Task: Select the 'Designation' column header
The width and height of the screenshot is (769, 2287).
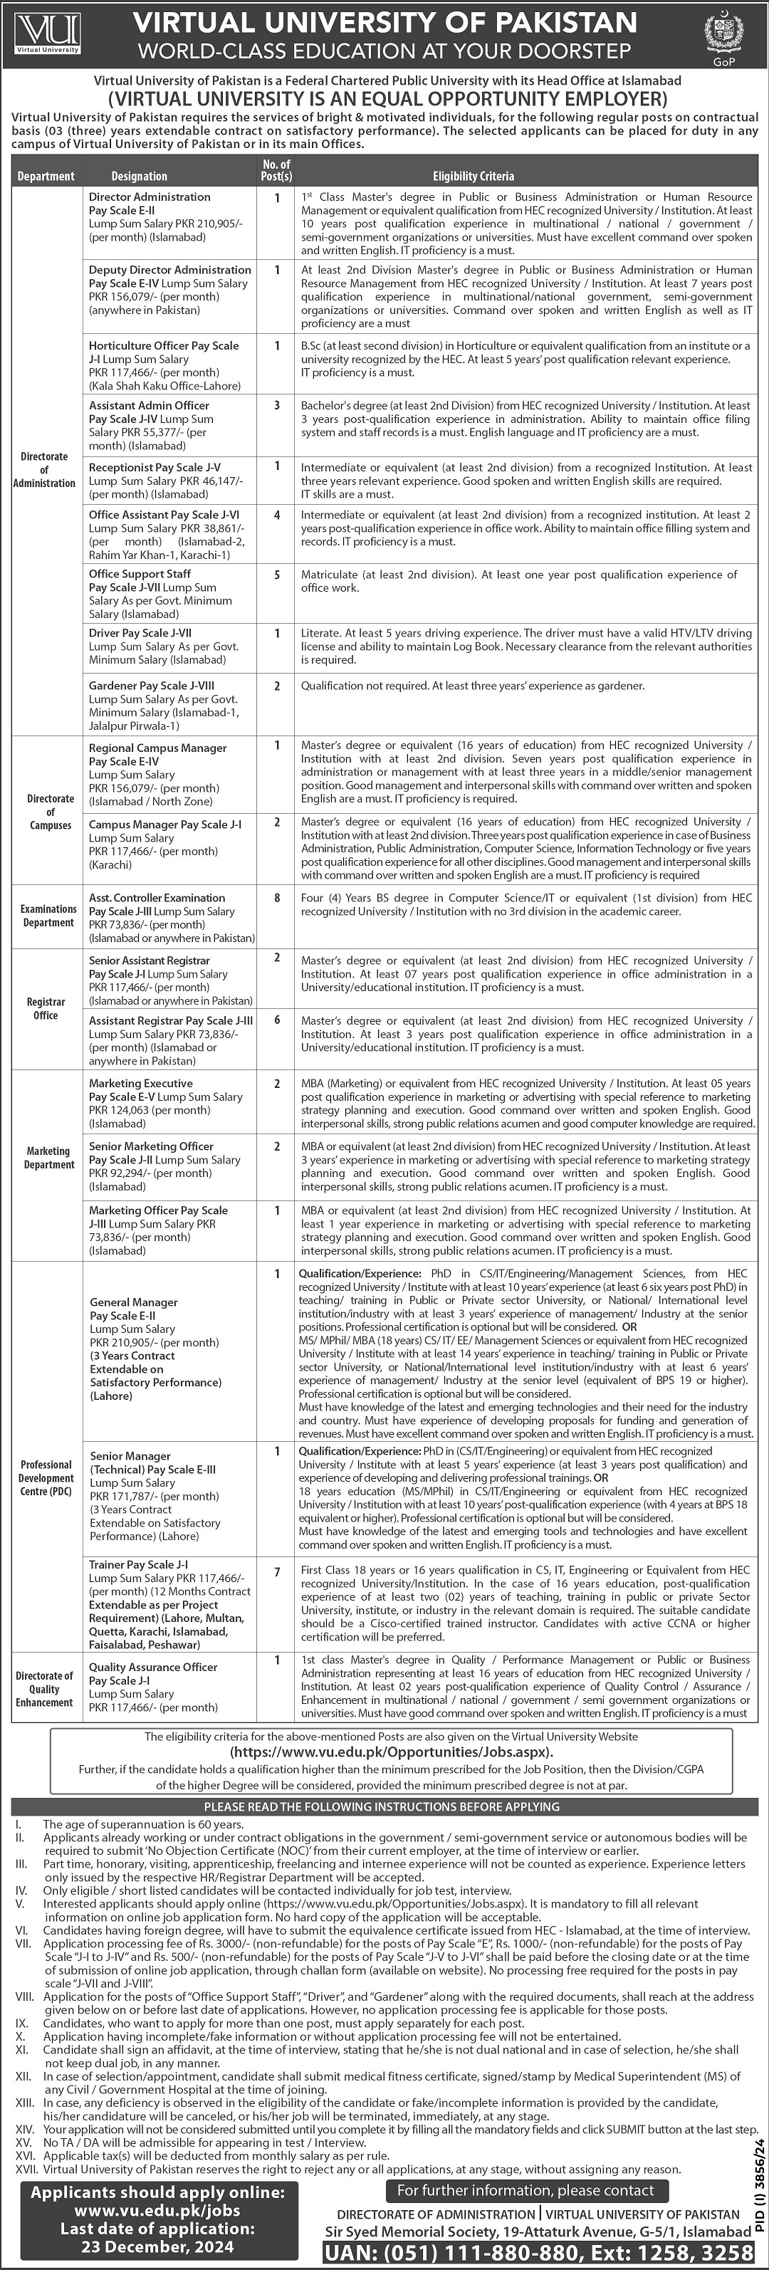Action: coord(140,177)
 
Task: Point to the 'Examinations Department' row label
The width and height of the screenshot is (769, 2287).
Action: coord(49,916)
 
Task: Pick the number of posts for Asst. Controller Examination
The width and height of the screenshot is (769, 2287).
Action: coord(277,899)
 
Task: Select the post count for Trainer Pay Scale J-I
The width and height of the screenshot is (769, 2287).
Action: coord(277,1572)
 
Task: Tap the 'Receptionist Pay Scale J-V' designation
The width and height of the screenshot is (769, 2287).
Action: coord(155,467)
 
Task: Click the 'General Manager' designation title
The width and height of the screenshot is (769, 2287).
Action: coord(133,1302)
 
